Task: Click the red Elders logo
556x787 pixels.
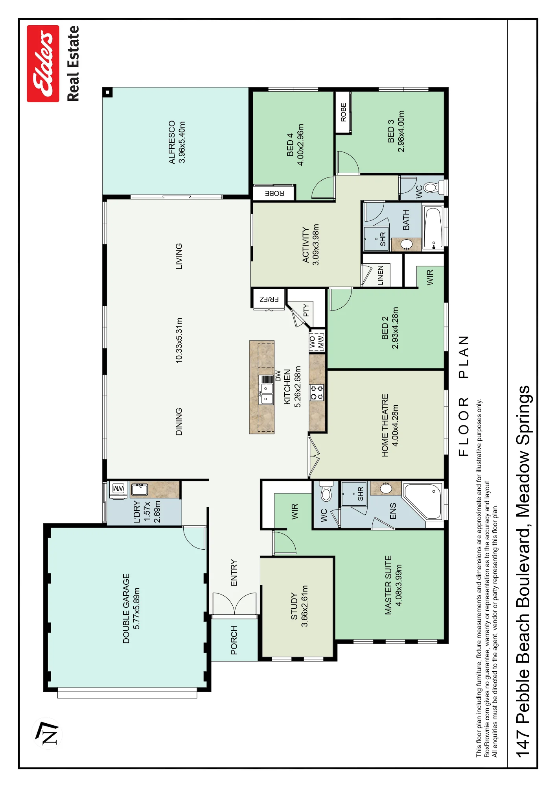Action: coord(43,64)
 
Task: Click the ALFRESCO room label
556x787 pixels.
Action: coord(172,142)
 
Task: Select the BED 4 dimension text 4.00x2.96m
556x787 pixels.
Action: coord(300,145)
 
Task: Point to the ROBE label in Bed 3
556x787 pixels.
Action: coord(343,112)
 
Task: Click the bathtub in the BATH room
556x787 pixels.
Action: coord(433,228)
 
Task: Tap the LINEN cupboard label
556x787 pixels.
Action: coord(380,275)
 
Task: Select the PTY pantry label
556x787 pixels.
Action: coord(306,310)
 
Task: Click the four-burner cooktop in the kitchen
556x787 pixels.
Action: coord(317,392)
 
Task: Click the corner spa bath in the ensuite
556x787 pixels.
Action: coord(423,501)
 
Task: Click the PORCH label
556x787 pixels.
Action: coord(234,640)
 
